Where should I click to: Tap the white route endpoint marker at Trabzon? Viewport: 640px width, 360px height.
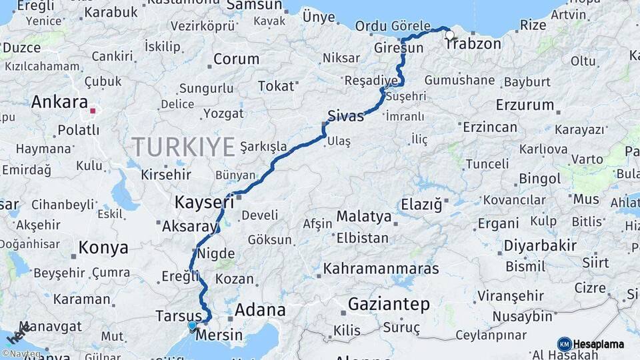coord(449,35)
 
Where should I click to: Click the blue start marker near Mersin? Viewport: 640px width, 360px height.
coord(193,326)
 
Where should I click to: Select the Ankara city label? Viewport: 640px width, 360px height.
coord(59,103)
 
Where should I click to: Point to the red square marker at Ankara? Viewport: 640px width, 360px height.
coord(93,111)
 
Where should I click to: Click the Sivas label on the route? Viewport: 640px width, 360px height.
coord(345,116)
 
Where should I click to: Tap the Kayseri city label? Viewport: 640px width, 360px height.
coord(204,201)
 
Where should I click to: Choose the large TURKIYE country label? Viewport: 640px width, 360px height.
coord(183,146)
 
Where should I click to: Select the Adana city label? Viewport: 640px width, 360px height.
coord(260,310)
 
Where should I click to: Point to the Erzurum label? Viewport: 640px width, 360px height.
coord(525,105)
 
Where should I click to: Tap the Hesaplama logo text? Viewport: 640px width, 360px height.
coord(599,345)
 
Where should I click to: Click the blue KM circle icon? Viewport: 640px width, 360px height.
coord(565,345)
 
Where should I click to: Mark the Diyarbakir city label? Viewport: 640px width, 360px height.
coord(540,246)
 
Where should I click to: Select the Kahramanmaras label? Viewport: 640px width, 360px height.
coord(381,269)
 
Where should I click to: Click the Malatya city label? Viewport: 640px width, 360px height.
coord(364,217)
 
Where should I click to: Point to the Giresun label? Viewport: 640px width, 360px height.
coord(399,49)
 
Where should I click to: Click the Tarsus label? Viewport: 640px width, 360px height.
coord(178,315)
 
